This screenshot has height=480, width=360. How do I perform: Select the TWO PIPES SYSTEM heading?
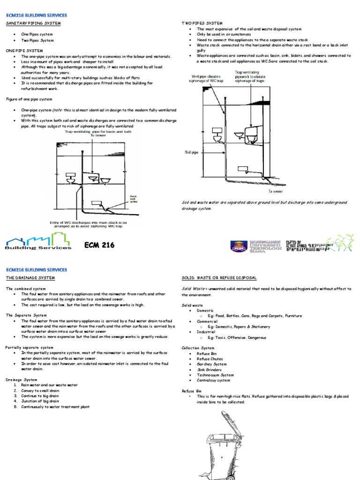tap(202, 23)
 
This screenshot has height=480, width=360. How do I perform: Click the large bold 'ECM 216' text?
tap(99, 245)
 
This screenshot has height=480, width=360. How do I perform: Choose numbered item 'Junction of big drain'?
tap(39, 401)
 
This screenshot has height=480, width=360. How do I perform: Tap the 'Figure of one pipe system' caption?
tap(29, 99)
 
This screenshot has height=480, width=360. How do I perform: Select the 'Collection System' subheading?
tap(198, 348)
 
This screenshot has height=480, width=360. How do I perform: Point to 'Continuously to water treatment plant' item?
tap(54, 407)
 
